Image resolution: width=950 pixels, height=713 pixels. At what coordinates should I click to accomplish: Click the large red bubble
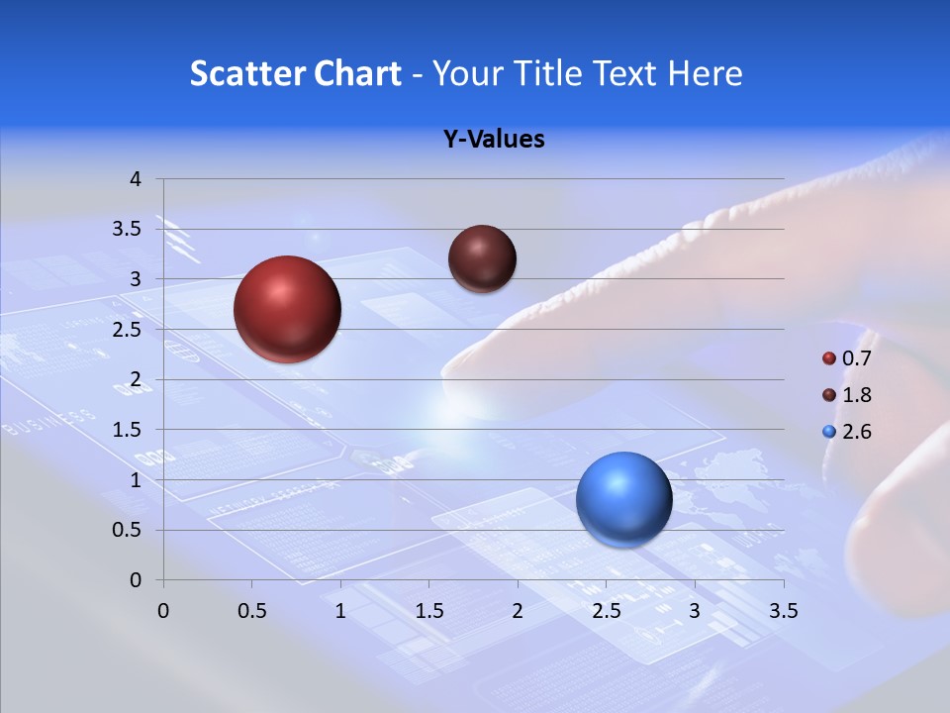[x=288, y=309]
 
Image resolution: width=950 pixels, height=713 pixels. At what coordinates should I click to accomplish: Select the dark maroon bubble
[x=482, y=258]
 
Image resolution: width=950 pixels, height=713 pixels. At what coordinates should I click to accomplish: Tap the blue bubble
[x=623, y=499]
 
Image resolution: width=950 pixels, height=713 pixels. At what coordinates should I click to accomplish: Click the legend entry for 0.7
[x=847, y=358]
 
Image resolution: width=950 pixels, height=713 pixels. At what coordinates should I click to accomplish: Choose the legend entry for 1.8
[x=847, y=395]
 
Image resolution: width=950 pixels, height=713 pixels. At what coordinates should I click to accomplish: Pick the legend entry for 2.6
[x=847, y=432]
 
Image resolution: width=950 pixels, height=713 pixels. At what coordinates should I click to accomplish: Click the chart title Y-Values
[x=493, y=140]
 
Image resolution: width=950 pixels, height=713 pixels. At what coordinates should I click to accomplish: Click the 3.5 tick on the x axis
[x=783, y=611]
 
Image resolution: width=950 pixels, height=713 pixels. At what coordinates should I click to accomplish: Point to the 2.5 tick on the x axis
[x=606, y=611]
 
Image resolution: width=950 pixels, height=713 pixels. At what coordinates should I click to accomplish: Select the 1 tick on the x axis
[x=340, y=611]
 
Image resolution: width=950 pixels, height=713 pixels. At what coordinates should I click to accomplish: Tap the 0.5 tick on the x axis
[x=251, y=611]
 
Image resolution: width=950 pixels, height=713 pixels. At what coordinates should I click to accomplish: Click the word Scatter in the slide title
[x=245, y=74]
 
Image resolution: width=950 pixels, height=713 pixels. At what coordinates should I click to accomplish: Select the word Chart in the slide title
[x=357, y=74]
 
